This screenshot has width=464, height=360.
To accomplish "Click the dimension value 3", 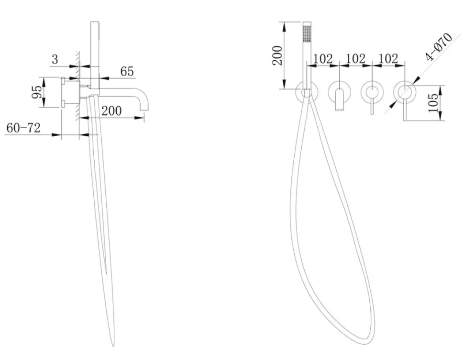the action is [x=55, y=59].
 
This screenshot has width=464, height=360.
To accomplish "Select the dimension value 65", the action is [x=127, y=71].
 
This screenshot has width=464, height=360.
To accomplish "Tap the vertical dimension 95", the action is [x=37, y=92].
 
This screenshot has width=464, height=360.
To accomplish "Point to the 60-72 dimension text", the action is [x=23, y=128].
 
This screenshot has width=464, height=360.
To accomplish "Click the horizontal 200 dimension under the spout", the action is [x=111, y=111].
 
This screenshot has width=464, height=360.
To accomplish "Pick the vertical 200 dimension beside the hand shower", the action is [x=277, y=55].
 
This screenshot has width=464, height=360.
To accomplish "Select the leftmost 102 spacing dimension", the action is [x=322, y=59].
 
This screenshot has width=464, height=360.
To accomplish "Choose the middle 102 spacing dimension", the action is [x=355, y=59].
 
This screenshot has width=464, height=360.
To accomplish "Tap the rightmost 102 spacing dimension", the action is [x=388, y=59].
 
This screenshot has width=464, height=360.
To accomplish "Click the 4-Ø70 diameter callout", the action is [x=439, y=46].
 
